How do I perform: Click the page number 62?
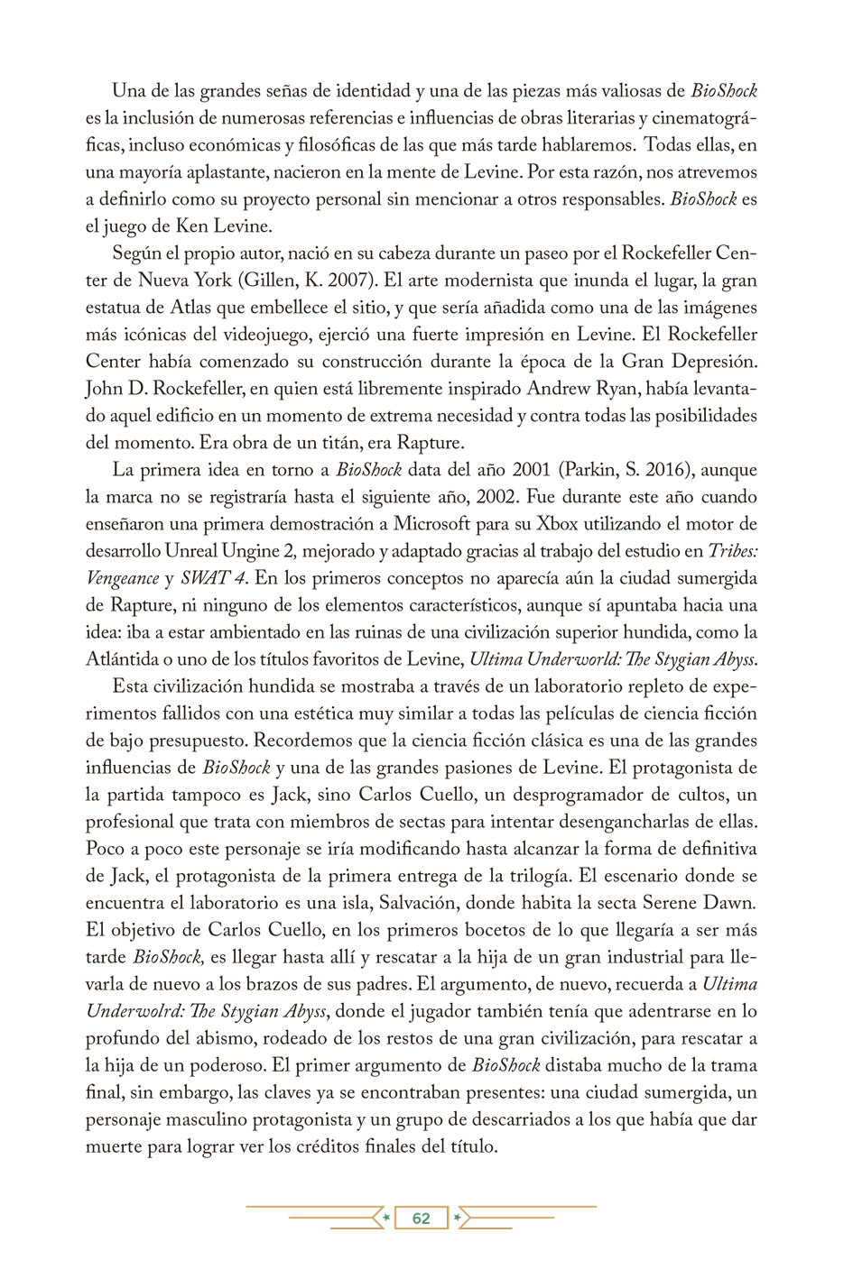point(421,1219)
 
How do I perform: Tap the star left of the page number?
point(386,1219)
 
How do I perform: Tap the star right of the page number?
point(458,1219)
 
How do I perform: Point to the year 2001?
point(533,470)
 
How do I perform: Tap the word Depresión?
point(709,362)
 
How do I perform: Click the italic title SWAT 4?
point(213,578)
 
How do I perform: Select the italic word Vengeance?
point(122,578)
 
